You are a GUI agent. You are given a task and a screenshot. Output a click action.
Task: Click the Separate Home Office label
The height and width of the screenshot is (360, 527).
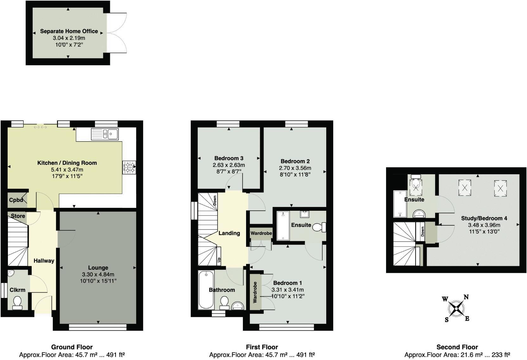(x=69, y=31)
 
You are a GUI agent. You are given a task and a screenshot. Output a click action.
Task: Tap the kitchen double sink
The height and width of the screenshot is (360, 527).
(x=105, y=134)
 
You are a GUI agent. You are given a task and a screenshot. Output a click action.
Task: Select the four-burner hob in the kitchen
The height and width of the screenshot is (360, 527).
(x=129, y=167)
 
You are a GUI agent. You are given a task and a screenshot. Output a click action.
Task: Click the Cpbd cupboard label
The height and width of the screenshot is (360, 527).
(x=16, y=200)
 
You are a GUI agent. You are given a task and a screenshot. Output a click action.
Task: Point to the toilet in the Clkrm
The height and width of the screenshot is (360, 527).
(x=17, y=302)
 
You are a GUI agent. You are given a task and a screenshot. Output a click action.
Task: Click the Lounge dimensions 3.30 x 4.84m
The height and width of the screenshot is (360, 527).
(x=98, y=274)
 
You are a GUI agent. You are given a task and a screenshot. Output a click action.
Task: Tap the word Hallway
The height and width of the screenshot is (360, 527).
(x=44, y=260)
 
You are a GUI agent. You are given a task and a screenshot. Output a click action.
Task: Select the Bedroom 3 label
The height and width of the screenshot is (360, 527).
(x=229, y=158)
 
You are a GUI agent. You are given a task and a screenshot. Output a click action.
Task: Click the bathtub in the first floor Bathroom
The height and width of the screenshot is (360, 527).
(x=206, y=290)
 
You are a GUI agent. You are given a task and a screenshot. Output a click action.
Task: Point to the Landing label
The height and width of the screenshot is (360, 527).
(x=229, y=233)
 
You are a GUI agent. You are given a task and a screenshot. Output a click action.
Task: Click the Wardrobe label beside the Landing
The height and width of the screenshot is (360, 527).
(x=261, y=233)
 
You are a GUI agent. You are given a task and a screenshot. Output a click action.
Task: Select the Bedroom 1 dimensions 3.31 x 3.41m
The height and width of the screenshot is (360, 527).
(x=288, y=290)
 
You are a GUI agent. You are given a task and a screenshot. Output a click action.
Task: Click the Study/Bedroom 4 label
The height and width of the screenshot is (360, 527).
(x=484, y=218)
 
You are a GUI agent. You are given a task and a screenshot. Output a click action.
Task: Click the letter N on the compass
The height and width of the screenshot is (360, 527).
(x=466, y=297)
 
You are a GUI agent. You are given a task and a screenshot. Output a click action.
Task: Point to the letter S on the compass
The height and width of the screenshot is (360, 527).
(x=447, y=319)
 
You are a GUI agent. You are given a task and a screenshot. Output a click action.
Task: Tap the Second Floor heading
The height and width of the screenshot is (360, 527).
(x=457, y=347)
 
